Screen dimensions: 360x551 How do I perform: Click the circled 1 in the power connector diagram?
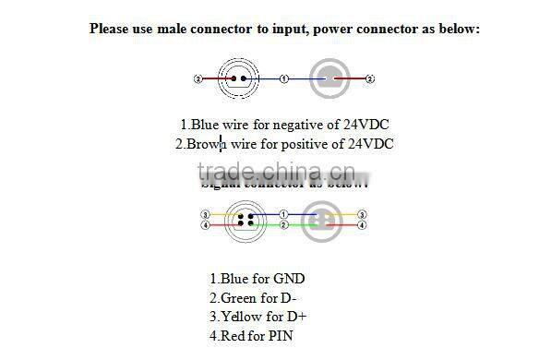point(284,79)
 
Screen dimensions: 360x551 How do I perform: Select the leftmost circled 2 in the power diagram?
point(198,79)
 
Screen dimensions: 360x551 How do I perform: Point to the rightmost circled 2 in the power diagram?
point(370,79)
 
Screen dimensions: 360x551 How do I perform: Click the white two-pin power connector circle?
point(240,79)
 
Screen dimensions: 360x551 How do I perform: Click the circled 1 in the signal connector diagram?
point(284,214)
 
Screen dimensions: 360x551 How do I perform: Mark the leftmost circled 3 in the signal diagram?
point(205,214)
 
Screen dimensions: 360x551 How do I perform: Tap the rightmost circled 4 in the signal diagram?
point(361,224)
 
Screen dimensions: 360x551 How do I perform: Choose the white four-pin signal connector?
point(246,220)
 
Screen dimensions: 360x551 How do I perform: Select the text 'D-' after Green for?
point(288,297)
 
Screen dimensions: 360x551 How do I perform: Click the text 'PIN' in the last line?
point(279,336)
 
